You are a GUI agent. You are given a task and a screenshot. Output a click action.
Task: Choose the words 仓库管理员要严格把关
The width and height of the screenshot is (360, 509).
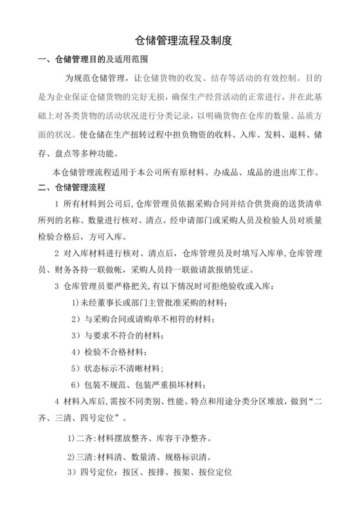coord(102,285)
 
